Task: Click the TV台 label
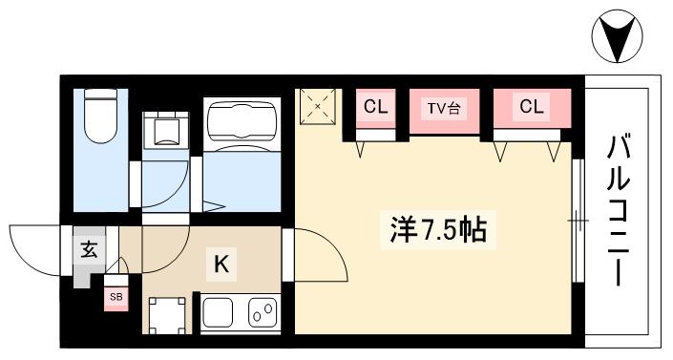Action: (442, 108)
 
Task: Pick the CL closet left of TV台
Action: (375, 107)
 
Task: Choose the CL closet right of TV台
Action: (531, 107)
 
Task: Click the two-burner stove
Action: (263, 312)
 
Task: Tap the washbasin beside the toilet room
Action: (165, 128)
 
